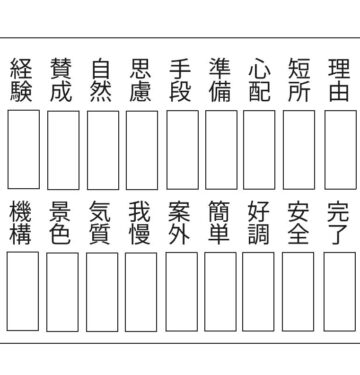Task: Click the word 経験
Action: point(22,81)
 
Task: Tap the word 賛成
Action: point(62,81)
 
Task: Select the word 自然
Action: point(101,81)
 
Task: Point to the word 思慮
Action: point(141,81)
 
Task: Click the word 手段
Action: point(180,81)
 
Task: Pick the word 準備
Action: point(220,81)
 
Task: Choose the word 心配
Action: point(259,81)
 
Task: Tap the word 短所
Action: point(299,81)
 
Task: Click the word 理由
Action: point(339,81)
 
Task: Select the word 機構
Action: point(22,223)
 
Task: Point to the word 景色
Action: point(62,223)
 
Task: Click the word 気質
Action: point(101,223)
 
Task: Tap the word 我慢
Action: point(141,223)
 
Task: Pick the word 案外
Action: point(180,223)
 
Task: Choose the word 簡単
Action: point(220,223)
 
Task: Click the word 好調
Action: point(259,223)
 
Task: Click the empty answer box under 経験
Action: point(23,149)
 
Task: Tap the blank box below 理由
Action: point(339,149)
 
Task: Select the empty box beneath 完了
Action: point(339,291)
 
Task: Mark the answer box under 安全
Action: point(299,291)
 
